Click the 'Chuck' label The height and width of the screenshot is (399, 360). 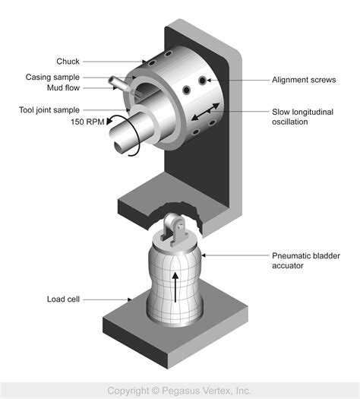[68, 61]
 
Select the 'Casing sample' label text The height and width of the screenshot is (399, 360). [52, 76]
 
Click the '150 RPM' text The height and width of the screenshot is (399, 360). [87, 122]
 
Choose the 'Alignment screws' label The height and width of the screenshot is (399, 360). [304, 79]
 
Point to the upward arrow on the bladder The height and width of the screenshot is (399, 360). [177, 289]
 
